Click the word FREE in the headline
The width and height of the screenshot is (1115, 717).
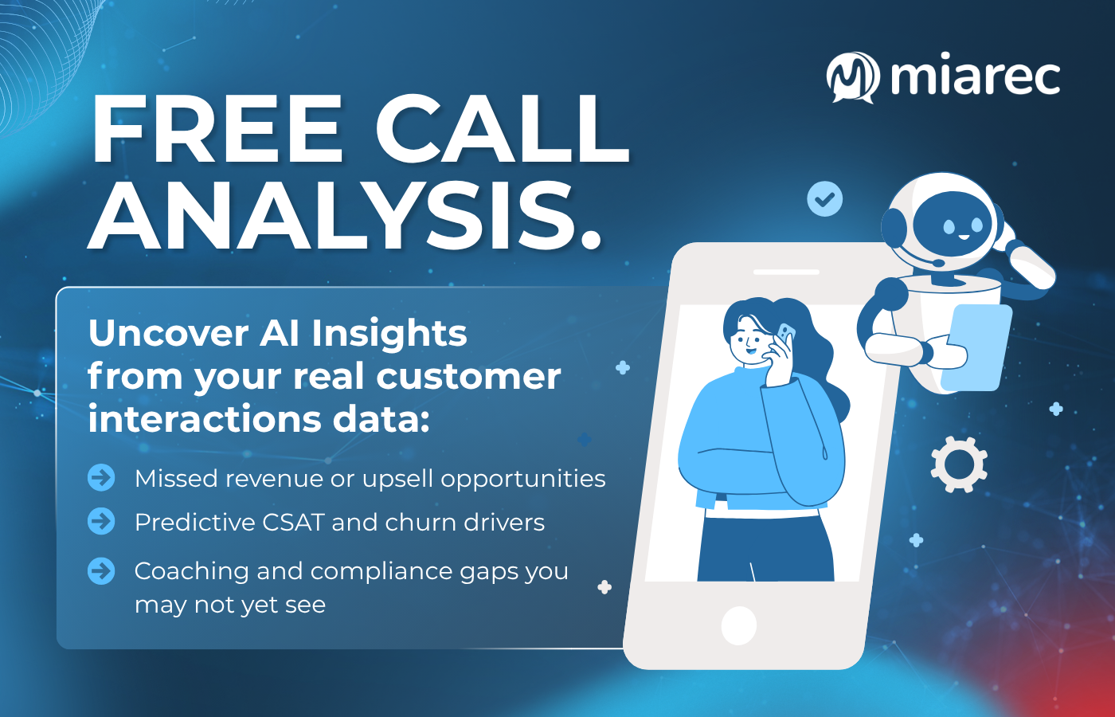point(217,130)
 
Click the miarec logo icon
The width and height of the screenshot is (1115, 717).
point(852,77)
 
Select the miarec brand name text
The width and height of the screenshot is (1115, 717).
point(976,76)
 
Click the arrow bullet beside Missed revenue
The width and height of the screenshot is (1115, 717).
point(101,478)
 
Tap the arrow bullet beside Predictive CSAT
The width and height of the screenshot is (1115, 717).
point(101,522)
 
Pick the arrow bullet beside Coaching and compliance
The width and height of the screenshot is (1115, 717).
point(101,570)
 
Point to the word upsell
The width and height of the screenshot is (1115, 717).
point(397,479)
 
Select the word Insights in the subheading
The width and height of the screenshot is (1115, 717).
point(389,333)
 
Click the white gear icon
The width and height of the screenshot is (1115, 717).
point(959,464)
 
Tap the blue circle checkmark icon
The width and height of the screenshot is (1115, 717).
point(824,198)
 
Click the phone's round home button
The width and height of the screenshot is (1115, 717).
point(738,625)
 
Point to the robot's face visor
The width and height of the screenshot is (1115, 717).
point(953,225)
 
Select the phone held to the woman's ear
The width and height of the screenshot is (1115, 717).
point(785,334)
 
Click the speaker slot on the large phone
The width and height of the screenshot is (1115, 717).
point(785,272)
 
